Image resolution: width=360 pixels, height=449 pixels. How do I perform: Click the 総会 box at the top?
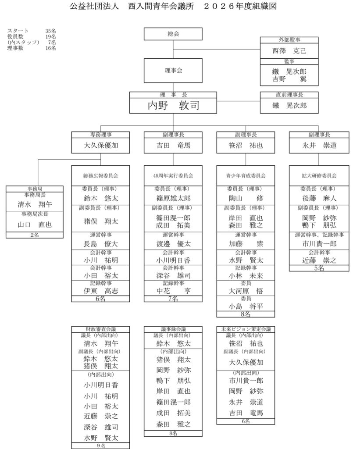(173, 34)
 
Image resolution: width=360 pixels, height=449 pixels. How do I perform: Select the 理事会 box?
(173, 70)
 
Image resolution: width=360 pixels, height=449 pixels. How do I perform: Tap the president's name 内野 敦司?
(173, 105)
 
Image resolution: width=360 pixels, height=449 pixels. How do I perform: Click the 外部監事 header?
(289, 39)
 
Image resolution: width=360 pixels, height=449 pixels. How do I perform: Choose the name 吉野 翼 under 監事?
(289, 79)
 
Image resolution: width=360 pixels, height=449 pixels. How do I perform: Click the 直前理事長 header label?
(289, 94)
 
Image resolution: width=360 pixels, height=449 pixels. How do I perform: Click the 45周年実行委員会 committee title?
(173, 175)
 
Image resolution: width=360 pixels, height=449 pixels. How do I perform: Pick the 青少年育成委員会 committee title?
(246, 175)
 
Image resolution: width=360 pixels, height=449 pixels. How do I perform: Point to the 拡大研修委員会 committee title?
(319, 175)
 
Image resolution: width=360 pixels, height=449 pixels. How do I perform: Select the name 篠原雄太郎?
(173, 198)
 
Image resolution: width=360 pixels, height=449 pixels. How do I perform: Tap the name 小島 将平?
(246, 306)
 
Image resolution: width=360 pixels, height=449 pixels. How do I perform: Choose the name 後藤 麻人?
(319, 198)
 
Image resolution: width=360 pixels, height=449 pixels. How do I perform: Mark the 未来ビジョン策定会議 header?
(246, 329)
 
